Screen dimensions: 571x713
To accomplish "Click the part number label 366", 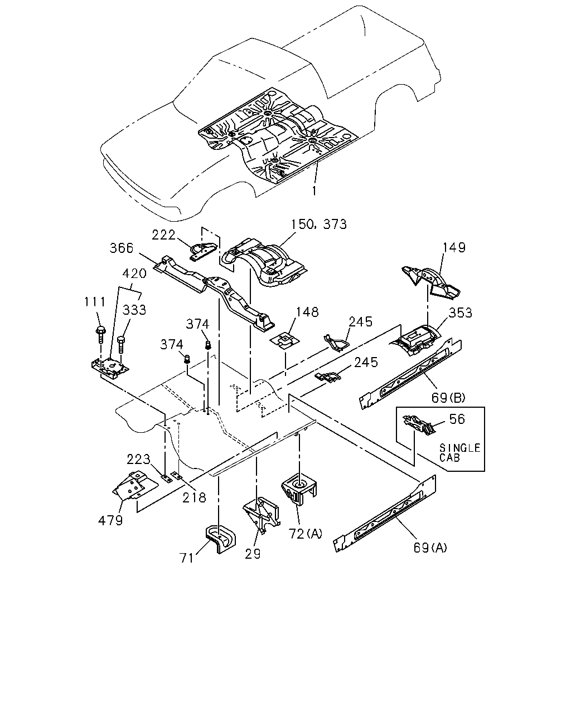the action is coord(122,248).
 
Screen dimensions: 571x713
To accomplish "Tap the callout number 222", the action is coord(163,235).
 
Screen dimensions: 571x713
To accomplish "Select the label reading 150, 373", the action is coord(319,224).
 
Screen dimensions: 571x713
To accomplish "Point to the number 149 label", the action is coord(454,247).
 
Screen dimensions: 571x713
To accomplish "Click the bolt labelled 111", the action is coord(100,335).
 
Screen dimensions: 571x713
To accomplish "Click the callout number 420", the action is coord(134,274).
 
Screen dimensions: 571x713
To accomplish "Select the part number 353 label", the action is coord(461,312).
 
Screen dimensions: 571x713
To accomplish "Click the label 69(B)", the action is coord(448,398).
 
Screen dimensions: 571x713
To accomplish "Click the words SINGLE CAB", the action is coord(460,453).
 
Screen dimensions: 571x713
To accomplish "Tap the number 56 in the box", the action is coord(457,419).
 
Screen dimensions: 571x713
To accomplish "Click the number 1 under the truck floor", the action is coord(314,191).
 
